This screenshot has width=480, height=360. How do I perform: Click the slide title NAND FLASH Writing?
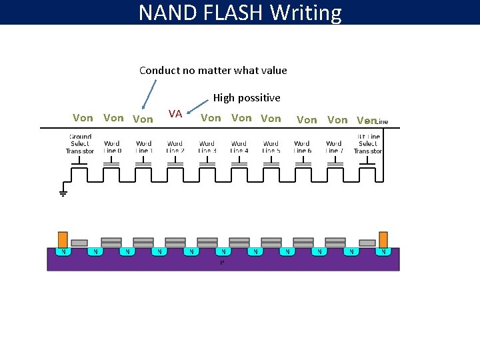[240, 13]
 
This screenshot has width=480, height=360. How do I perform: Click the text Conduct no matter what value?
[213, 70]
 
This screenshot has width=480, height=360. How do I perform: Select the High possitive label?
[247, 98]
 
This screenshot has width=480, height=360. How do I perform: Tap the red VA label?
[175, 113]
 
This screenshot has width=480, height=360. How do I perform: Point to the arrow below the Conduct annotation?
[149, 93]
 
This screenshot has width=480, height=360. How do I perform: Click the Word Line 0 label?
[112, 147]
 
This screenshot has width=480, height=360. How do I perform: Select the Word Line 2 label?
[175, 147]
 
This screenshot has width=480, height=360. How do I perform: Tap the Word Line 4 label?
[239, 147]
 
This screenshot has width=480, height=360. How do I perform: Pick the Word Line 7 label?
[333, 147]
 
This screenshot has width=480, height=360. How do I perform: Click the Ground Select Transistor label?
[80, 144]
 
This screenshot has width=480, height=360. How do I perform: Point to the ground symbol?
[63, 193]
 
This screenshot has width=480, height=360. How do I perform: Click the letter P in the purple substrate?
[222, 262]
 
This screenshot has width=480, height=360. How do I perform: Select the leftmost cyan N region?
[63, 252]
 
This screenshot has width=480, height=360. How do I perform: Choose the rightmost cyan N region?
[383, 252]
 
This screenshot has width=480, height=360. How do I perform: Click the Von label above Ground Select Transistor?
[83, 118]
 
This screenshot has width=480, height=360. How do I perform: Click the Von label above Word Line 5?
[271, 119]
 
